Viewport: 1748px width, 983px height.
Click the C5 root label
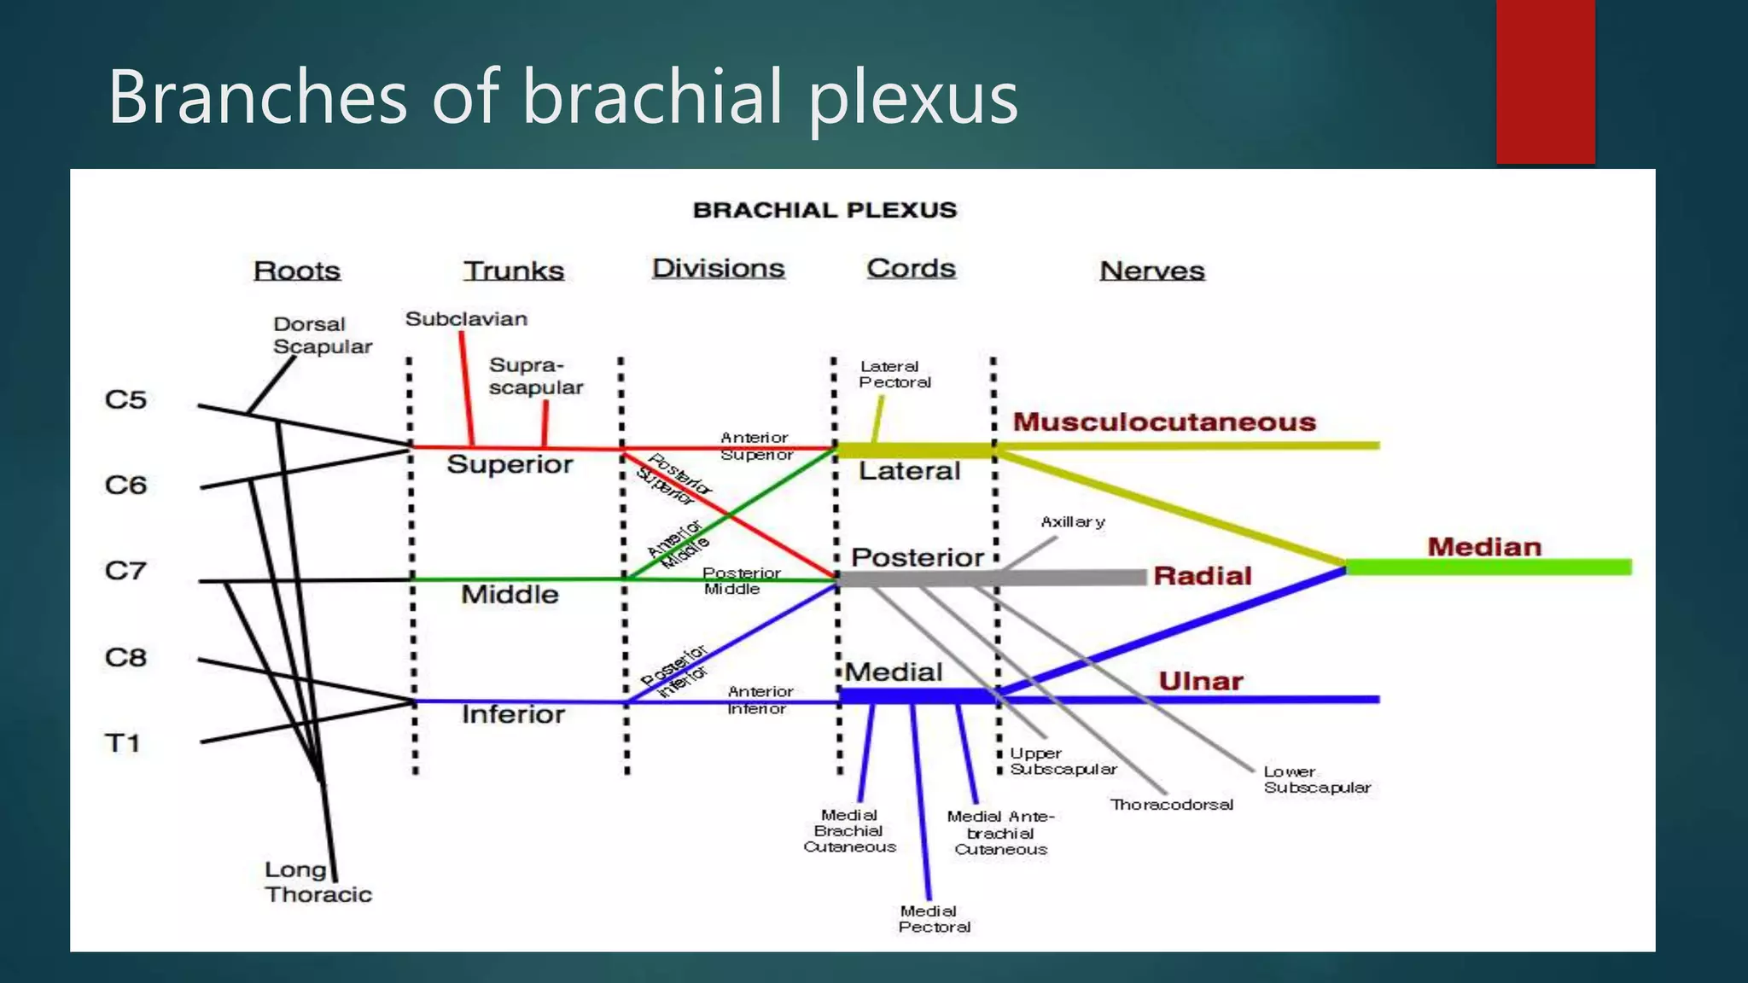click(x=125, y=399)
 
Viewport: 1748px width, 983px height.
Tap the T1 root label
click(x=122, y=743)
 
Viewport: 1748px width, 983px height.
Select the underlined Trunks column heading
click(x=514, y=270)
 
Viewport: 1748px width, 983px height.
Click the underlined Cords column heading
click(x=911, y=268)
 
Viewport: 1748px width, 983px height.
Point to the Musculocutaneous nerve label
click(x=1164, y=422)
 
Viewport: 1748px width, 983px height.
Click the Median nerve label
click(x=1484, y=547)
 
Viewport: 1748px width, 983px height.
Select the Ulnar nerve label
click(x=1200, y=681)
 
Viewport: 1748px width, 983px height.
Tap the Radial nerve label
click(x=1202, y=576)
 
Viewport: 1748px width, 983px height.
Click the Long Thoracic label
click(x=318, y=882)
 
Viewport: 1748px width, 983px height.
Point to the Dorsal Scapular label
click(x=322, y=335)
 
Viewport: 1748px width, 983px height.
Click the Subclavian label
click(x=466, y=319)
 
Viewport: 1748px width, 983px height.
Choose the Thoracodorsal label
click(x=1171, y=805)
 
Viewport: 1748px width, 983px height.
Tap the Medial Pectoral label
click(x=934, y=919)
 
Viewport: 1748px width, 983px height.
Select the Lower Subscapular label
click(x=1316, y=779)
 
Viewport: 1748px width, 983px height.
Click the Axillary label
click(x=1072, y=521)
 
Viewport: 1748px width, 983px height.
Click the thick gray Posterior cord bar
click(x=990, y=579)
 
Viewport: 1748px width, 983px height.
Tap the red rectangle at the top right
click(x=1545, y=82)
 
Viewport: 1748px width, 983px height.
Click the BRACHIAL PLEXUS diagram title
click(x=824, y=210)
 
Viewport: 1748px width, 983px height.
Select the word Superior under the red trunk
click(x=510, y=464)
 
